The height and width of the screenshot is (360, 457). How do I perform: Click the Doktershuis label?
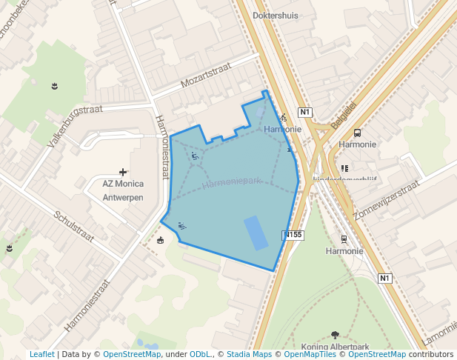pos(276,15)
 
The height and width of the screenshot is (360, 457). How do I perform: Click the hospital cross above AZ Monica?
pos(123,172)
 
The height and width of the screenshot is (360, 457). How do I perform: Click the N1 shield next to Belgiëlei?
pos(305,112)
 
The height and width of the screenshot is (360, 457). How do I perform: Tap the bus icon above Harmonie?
pos(357,133)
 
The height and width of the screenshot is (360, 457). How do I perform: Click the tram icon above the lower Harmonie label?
pos(344,239)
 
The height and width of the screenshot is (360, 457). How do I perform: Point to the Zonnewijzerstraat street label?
pos(386,200)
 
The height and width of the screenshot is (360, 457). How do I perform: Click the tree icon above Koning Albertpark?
pos(335,335)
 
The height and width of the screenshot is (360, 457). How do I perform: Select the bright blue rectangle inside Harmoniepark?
pos(256,232)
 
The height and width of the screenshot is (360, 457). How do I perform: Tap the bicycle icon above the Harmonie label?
pos(283,117)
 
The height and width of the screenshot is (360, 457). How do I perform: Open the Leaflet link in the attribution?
pos(41,355)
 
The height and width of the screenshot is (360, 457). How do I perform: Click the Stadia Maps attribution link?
pos(249,355)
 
